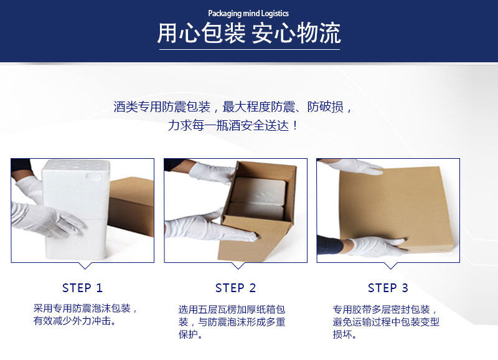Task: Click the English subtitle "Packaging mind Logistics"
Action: point(248,13)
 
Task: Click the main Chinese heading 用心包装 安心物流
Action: point(249,33)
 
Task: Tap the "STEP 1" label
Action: point(83,288)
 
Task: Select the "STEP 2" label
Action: point(236,288)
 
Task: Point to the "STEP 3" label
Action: point(388,288)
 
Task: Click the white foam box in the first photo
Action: point(76,210)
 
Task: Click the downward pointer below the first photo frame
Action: point(85,265)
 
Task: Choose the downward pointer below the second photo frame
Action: point(238,265)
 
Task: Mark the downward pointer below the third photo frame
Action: point(391,265)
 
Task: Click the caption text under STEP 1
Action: point(86,315)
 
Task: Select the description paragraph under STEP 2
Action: point(232,322)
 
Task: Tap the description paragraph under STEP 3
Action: point(386,322)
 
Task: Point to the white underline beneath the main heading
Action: point(250,49)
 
